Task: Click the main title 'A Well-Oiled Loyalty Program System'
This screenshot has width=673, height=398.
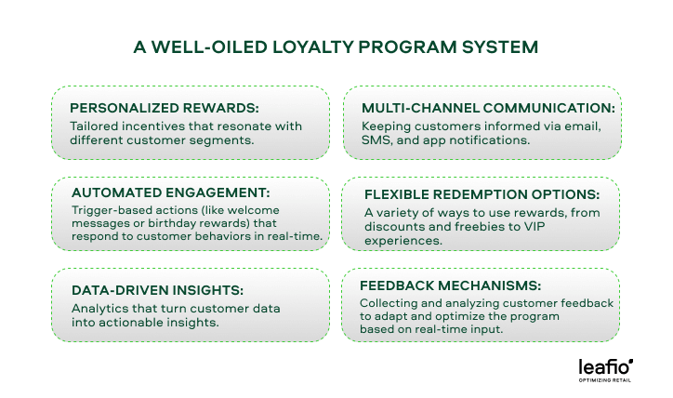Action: tap(336, 46)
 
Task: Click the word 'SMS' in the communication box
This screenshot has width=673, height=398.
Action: tap(373, 141)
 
